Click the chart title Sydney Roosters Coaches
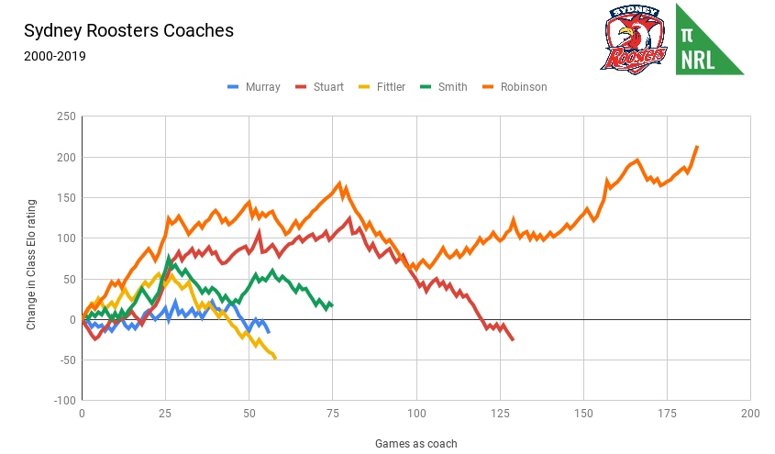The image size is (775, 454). click(x=128, y=30)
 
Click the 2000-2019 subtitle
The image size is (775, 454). click(x=55, y=56)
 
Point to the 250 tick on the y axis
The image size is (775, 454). click(x=65, y=116)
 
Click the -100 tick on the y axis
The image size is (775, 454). click(x=63, y=401)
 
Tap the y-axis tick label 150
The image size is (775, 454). click(x=65, y=198)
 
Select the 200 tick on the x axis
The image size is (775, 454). click(x=750, y=414)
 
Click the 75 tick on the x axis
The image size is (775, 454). click(x=333, y=414)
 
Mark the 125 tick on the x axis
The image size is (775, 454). click(x=500, y=414)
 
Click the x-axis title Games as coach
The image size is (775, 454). click(x=415, y=443)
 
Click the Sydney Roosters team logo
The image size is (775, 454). click(x=634, y=39)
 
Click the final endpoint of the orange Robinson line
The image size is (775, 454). click(x=697, y=146)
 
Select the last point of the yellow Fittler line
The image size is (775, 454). click(x=275, y=357)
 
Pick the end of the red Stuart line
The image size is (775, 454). click(x=513, y=340)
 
